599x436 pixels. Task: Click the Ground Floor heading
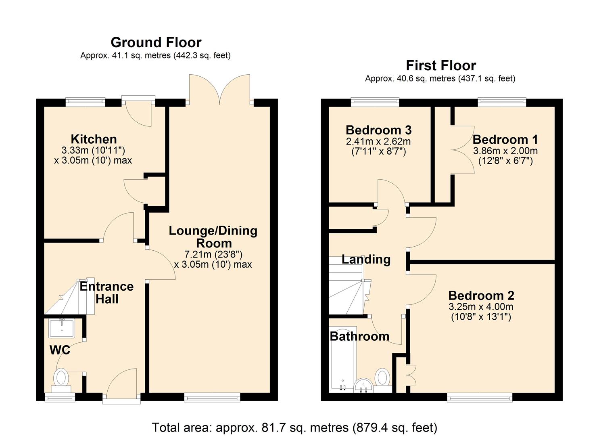coord(156,42)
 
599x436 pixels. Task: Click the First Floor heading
coord(440,65)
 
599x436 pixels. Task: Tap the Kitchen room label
coord(94,139)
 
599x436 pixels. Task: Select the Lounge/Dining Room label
coord(213,237)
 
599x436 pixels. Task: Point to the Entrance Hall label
coord(106,293)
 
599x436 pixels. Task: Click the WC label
coord(60,350)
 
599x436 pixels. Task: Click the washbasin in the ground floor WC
coord(61,328)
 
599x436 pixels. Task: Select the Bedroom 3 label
coord(378,130)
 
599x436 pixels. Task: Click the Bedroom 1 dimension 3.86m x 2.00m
coord(505,151)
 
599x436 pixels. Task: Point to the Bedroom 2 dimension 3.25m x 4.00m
coord(481,307)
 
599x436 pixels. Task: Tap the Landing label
coord(366,259)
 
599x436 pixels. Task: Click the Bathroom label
coord(359,336)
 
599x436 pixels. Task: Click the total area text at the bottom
coord(294,427)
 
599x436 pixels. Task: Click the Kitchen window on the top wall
coord(86,102)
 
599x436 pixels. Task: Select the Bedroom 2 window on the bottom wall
coord(480,398)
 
